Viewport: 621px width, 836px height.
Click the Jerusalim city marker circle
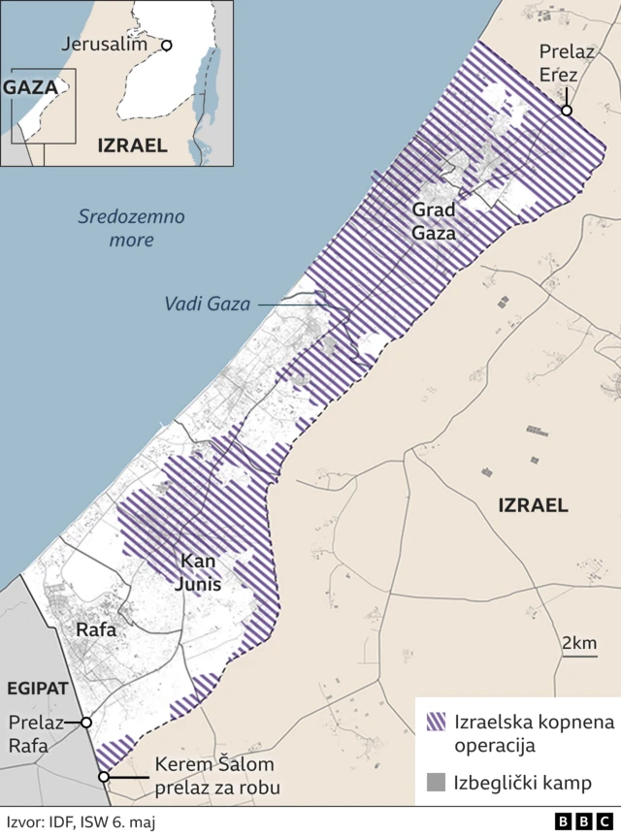click(166, 45)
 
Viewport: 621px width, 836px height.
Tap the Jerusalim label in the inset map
click(104, 45)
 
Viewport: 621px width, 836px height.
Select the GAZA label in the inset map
click(30, 86)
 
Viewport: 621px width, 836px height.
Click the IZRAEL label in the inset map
click(132, 145)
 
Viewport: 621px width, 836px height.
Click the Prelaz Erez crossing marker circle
click(566, 111)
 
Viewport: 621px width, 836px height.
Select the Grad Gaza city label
click(433, 221)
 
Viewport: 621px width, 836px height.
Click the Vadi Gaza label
click(208, 305)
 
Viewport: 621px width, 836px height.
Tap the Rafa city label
click(96, 629)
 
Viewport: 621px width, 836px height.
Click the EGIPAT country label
click(37, 688)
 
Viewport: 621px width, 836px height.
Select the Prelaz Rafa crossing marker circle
click(86, 723)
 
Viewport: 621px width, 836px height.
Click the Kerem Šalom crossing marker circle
click(103, 777)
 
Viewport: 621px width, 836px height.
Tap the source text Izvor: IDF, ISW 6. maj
click(80, 821)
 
